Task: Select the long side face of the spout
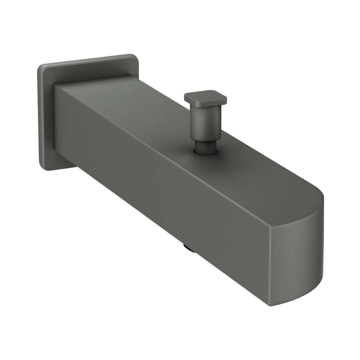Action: tap(160, 187)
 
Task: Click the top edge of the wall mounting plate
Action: tap(87, 60)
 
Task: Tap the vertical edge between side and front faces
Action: tap(270, 267)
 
